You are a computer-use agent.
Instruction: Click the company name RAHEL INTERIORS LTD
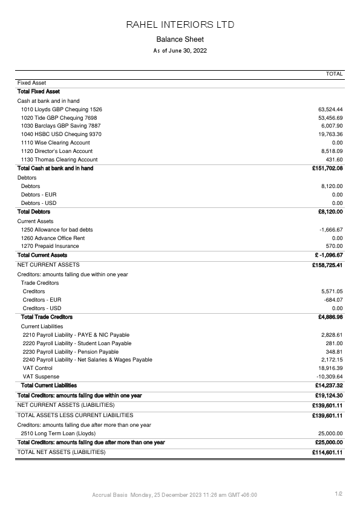coord(180,25)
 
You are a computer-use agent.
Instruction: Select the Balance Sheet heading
coord(180,39)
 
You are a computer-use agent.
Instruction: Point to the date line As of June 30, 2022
coord(180,51)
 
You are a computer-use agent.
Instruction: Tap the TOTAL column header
coord(334,74)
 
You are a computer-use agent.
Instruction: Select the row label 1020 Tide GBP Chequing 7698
coord(59,118)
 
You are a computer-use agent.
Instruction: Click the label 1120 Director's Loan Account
coord(56,151)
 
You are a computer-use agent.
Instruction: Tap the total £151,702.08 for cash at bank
coord(327,168)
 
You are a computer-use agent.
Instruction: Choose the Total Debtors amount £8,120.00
coord(330,212)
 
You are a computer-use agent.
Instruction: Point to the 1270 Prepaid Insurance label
coord(50,246)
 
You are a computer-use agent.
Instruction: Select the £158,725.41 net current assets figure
coord(327,265)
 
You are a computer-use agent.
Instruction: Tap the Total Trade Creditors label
coord(47,317)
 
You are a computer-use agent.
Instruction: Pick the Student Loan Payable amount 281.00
coord(335,343)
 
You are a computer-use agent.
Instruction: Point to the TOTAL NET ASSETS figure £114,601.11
coord(327,452)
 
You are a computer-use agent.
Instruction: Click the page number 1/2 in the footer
coord(339,494)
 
